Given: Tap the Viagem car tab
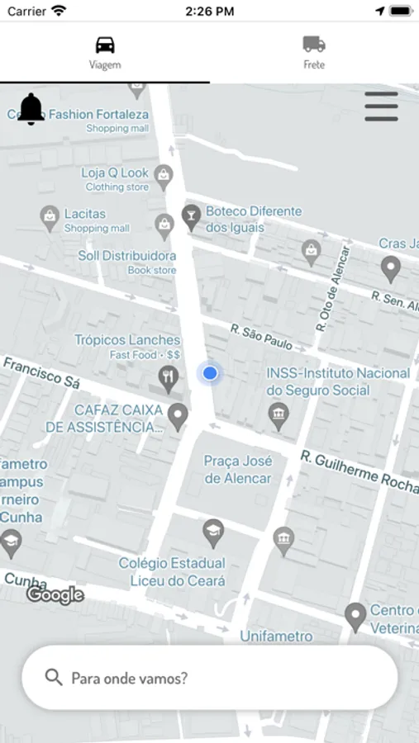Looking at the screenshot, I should pyautogui.click(x=105, y=52).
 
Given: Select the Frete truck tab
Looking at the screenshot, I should pyautogui.click(x=314, y=52).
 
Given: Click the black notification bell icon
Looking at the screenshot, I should pyautogui.click(x=31, y=109).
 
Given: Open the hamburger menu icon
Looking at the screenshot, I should pyautogui.click(x=381, y=106).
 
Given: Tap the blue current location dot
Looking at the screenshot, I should pyautogui.click(x=210, y=373).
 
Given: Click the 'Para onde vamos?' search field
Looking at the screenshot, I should pyautogui.click(x=210, y=678).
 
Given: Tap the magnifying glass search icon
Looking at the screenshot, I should pyautogui.click(x=54, y=678).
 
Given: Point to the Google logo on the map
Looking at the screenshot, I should pyautogui.click(x=55, y=594).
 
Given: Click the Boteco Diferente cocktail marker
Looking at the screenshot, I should pyautogui.click(x=191, y=217).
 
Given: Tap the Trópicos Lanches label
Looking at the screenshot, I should pyautogui.click(x=127, y=340).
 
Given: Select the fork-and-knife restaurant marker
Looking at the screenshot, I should pyautogui.click(x=169, y=378).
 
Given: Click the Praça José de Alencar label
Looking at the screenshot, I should pyautogui.click(x=238, y=470).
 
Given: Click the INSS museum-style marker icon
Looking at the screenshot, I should pyautogui.click(x=279, y=415).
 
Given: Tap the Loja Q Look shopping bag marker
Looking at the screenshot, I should pyautogui.click(x=164, y=175).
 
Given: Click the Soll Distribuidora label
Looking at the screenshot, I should pyautogui.click(x=127, y=256).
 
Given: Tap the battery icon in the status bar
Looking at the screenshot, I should pyautogui.click(x=401, y=12).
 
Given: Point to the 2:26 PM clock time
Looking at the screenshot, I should pyautogui.click(x=209, y=12).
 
